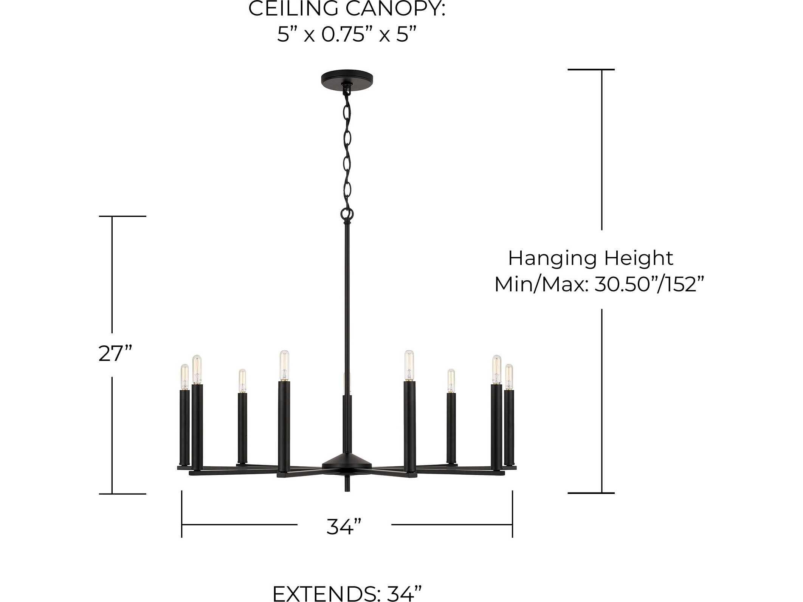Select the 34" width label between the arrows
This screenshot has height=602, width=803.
(x=344, y=526)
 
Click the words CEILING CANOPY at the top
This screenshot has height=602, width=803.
(x=347, y=8)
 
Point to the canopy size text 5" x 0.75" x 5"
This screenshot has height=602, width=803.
(x=347, y=35)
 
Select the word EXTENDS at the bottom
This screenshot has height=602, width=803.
(x=324, y=593)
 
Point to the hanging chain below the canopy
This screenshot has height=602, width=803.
(x=347, y=151)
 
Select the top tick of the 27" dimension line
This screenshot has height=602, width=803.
(x=122, y=216)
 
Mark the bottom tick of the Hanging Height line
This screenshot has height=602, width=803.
(x=591, y=493)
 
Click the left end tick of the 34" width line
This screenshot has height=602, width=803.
(x=182, y=514)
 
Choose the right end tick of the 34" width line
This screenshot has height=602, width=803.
(x=512, y=514)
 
